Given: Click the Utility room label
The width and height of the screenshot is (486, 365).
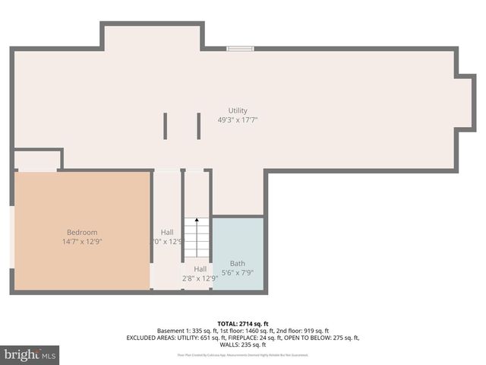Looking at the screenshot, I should (x=238, y=111).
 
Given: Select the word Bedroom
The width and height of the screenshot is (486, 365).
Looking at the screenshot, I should (x=82, y=232).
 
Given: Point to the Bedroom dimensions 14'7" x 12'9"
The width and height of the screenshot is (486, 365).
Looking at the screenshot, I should (x=82, y=241).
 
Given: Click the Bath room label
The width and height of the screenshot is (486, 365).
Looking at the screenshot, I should (x=237, y=264).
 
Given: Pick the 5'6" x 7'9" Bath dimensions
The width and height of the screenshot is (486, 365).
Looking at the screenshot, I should (x=237, y=273).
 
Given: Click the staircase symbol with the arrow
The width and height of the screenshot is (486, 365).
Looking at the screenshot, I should (x=197, y=237).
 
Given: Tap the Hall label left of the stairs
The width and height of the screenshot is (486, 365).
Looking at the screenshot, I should (x=167, y=232).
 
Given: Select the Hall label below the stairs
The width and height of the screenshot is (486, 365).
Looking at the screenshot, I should (x=200, y=268).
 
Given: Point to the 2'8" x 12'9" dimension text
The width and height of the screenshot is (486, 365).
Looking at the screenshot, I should (x=200, y=278).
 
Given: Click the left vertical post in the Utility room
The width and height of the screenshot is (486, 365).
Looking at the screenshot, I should (x=166, y=125).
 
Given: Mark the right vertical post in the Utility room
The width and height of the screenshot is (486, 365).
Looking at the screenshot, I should (x=198, y=125).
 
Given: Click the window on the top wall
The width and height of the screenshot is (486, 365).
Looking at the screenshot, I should (x=240, y=49).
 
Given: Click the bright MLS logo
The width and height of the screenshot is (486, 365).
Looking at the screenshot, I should (x=30, y=355).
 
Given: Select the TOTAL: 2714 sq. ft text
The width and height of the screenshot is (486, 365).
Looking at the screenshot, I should (x=242, y=324).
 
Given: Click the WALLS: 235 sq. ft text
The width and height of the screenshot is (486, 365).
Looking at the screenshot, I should (x=243, y=344).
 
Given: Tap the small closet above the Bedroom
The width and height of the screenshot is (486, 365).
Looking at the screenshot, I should (x=37, y=160).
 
